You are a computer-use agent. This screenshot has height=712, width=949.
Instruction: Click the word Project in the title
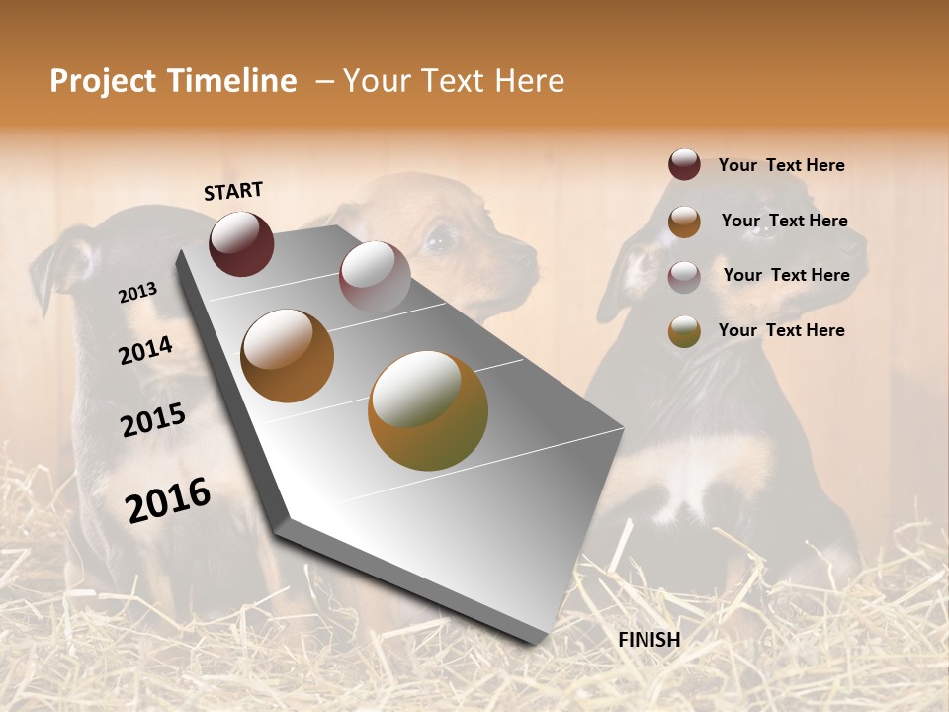[x=103, y=81]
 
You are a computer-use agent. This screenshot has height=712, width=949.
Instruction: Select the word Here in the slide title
[x=529, y=81]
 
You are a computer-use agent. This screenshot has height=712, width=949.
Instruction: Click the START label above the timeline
[x=233, y=191]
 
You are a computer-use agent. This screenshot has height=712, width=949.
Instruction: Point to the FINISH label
[x=649, y=640]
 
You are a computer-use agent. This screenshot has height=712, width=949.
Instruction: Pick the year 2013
[x=137, y=293]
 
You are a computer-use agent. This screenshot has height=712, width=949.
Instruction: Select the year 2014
[x=145, y=350]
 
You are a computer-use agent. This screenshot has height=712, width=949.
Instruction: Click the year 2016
[x=168, y=500]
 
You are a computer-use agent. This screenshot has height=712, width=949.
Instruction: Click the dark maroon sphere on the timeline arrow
[x=241, y=243]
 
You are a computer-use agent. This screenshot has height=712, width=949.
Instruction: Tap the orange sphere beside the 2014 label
[x=288, y=356]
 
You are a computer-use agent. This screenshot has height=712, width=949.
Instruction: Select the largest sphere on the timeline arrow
[x=428, y=410]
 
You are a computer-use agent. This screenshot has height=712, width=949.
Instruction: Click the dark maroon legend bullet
[x=684, y=165]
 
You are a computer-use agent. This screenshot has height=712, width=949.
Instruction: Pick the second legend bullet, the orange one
[x=684, y=222]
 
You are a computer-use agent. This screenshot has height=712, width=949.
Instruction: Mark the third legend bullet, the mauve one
[x=684, y=276]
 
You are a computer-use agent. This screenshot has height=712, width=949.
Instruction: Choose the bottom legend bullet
[x=684, y=331]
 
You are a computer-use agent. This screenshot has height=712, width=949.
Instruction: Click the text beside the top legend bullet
[x=781, y=165]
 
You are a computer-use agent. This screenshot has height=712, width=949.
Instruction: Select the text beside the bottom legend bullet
[x=781, y=330]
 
